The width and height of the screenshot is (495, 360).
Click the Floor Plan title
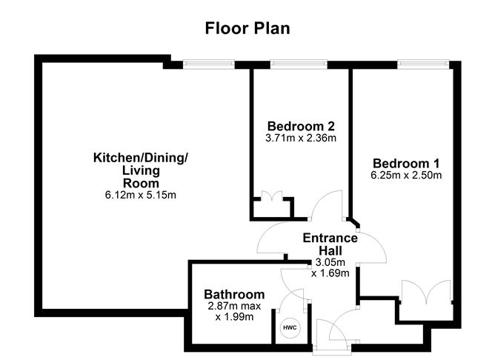(247, 28)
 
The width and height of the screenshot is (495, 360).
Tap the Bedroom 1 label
(406, 164)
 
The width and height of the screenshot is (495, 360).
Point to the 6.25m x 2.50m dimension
(407, 176)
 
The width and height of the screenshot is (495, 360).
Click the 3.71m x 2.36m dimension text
(301, 138)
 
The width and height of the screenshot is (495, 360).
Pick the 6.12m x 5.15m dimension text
(141, 196)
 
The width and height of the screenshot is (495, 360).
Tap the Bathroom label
(234, 294)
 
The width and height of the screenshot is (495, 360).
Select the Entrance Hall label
(330, 244)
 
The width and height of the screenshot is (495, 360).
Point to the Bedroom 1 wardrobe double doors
(424, 291)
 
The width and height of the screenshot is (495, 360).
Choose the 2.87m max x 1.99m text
(233, 312)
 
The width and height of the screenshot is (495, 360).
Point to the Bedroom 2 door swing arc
(326, 204)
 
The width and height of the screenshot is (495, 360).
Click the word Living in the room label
(141, 170)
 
